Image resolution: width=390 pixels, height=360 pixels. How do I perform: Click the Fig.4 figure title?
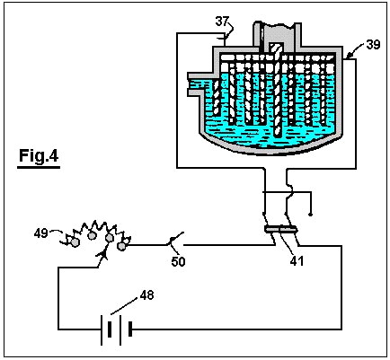point(39,156)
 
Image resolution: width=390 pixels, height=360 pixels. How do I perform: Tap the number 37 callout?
point(222,22)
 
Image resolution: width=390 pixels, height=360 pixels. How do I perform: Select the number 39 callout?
point(373,44)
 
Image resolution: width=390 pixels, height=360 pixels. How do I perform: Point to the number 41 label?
point(297,261)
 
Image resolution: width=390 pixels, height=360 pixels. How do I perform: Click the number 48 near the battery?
point(146,295)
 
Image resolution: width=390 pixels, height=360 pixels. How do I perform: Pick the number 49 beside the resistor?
point(40,233)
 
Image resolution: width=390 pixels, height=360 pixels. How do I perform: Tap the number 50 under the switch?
point(178,262)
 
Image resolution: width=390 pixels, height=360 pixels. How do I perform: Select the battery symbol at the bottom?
point(117,329)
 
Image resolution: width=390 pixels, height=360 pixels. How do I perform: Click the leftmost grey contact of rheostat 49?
point(75,242)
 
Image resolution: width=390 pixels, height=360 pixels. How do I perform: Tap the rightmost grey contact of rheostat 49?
point(121,246)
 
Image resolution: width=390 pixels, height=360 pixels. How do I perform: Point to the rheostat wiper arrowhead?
point(102,253)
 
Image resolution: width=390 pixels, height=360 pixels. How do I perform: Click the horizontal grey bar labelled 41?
point(280,230)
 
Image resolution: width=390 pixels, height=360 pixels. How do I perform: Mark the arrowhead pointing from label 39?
point(349,56)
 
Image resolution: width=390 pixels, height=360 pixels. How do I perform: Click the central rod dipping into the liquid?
point(277,91)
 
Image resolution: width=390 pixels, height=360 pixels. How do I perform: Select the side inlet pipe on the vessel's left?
point(200,84)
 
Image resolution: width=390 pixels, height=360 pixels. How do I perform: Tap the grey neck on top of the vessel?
point(277,34)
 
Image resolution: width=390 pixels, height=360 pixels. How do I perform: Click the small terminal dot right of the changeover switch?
point(310,215)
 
